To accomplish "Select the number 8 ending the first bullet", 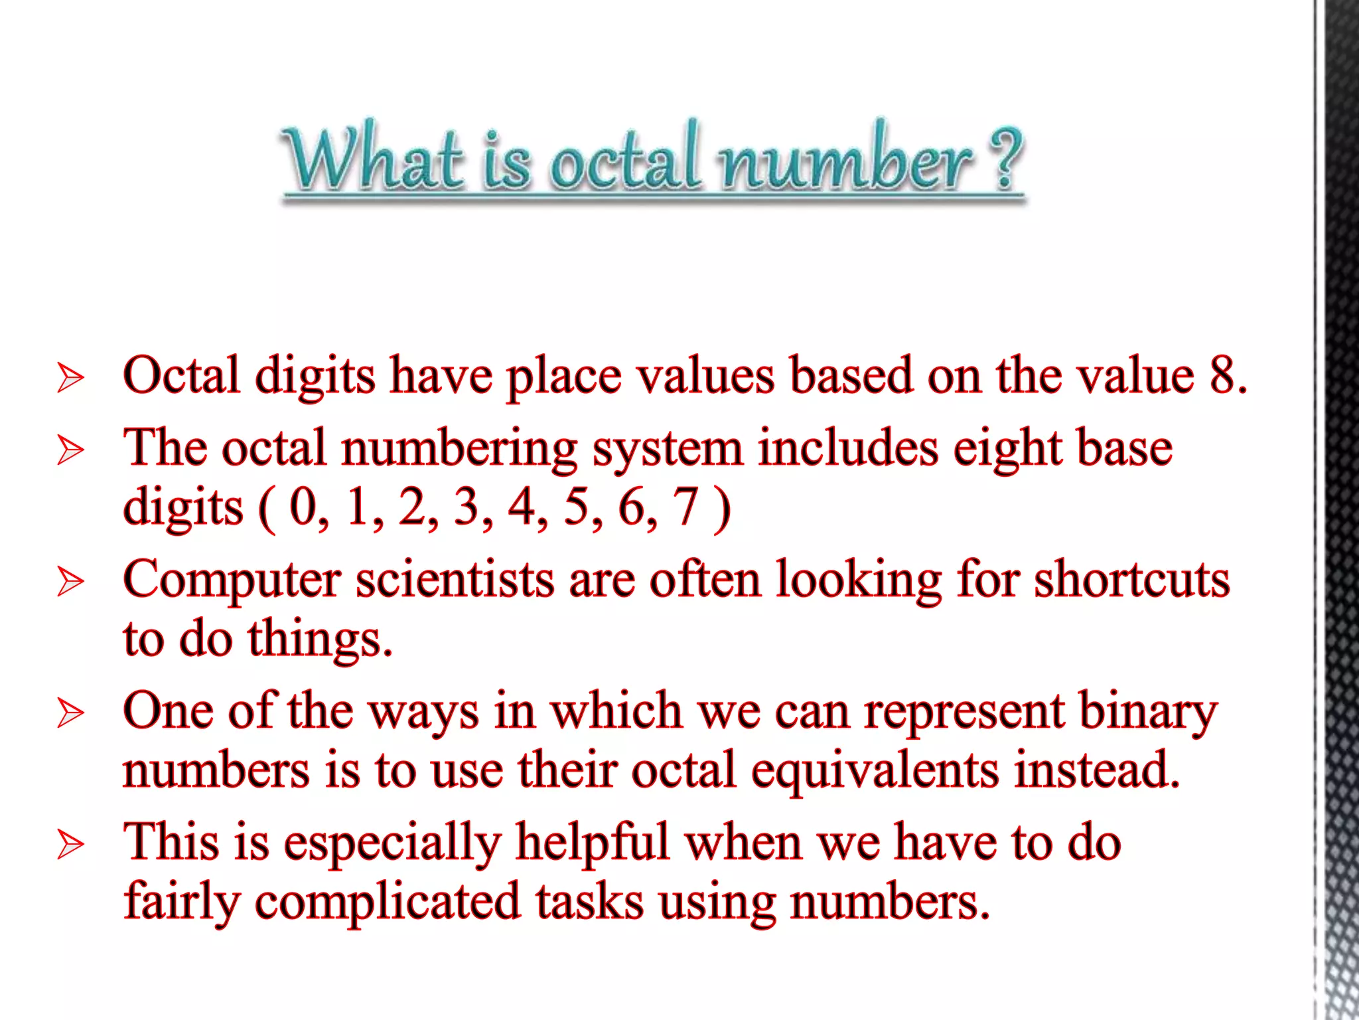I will [x=1225, y=376].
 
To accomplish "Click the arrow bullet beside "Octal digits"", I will [x=70, y=379].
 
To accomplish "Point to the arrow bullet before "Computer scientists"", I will [x=70, y=582].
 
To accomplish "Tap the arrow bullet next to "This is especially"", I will [x=70, y=845].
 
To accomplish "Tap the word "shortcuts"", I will [x=1132, y=580].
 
